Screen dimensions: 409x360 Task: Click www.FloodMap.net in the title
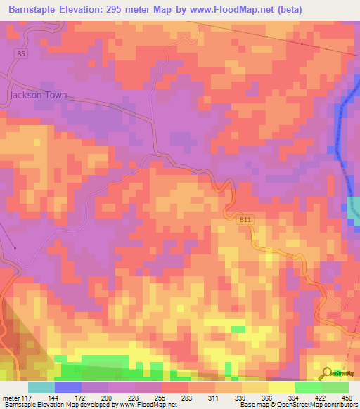click(x=236, y=10)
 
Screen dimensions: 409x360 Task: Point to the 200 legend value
click(x=107, y=398)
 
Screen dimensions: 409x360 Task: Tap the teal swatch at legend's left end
click(x=41, y=387)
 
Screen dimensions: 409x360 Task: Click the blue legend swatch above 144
click(x=67, y=387)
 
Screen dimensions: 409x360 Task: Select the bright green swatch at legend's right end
click(x=335, y=387)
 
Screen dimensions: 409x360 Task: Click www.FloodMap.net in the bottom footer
click(x=149, y=405)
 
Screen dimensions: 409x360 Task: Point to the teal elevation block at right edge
click(x=353, y=211)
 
